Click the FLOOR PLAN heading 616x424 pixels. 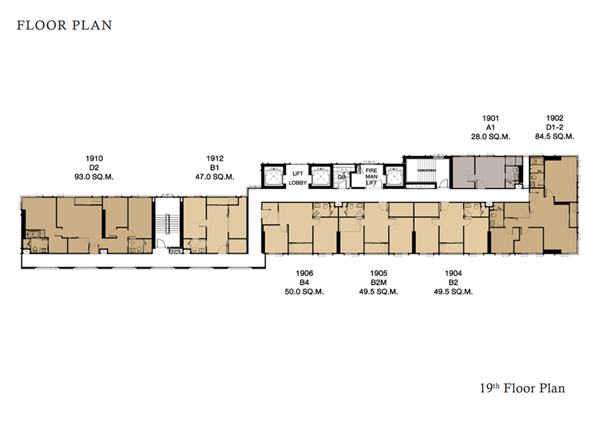[64, 25]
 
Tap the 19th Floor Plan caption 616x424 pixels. [522, 388]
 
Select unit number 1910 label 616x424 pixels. [94, 158]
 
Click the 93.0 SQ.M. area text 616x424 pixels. [94, 177]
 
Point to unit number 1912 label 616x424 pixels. [215, 158]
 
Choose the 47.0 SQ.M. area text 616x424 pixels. [215, 177]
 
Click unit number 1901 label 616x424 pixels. [491, 118]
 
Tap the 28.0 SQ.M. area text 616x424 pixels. [491, 137]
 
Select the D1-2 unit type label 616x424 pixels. [554, 127]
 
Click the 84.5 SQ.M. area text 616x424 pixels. [554, 136]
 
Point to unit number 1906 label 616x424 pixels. [305, 273]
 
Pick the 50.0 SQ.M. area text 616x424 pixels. [305, 292]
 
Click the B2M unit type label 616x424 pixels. [378, 282]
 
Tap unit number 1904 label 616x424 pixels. [453, 273]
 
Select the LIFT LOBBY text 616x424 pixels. [298, 178]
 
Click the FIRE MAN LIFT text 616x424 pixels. [371, 177]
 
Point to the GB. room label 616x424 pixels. [342, 177]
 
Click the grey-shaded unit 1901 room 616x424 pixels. [479, 173]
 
